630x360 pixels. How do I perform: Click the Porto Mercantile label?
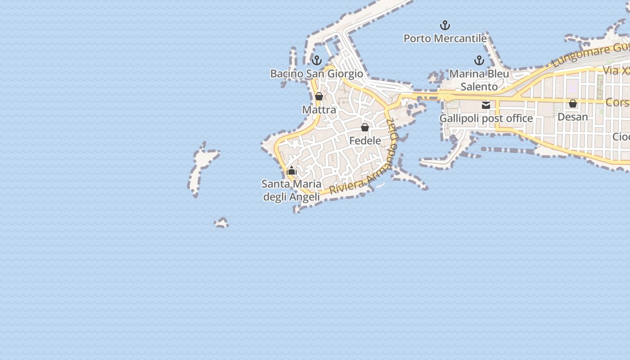(445, 39)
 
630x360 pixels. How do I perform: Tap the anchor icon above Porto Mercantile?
(445, 25)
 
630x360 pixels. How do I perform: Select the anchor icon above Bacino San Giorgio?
(317, 60)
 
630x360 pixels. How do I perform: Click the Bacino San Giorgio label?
(316, 74)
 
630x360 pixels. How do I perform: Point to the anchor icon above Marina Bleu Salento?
(479, 60)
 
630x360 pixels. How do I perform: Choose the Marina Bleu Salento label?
(479, 80)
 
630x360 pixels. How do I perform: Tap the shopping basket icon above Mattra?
(319, 96)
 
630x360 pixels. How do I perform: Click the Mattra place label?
(319, 110)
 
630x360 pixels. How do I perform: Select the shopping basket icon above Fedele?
(365, 127)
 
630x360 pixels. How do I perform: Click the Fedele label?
(365, 141)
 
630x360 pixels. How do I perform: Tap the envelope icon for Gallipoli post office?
(486, 105)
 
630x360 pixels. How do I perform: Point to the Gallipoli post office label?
(486, 119)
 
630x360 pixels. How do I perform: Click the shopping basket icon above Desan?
(573, 103)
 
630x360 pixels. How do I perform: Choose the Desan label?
(572, 117)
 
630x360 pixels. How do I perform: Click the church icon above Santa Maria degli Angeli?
(292, 171)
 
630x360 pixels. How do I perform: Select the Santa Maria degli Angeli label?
(292, 190)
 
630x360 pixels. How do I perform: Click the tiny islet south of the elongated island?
(221, 223)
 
